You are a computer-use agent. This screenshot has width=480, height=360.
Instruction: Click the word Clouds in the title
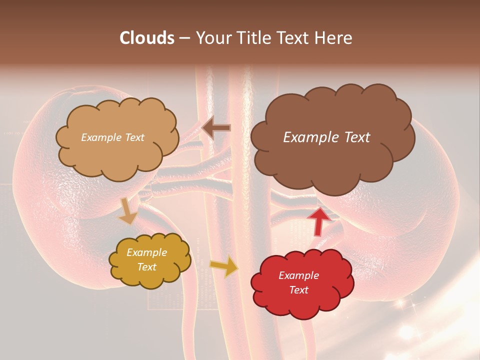147,38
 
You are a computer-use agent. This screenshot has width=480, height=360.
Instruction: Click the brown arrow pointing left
216,128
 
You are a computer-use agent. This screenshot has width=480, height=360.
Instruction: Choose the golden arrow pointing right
223,267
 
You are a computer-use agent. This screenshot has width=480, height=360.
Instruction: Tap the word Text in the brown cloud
354,137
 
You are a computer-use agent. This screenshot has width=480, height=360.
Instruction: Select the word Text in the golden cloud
147,267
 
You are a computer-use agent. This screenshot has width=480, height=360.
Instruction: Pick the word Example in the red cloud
298,275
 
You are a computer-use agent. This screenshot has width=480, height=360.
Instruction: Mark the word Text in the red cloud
298,290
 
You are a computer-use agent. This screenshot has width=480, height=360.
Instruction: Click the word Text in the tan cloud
134,137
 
